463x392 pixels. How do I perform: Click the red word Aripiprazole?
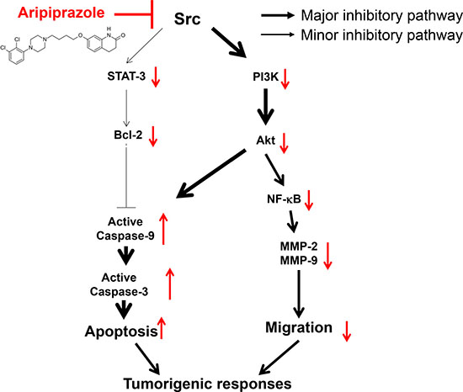coord(61,13)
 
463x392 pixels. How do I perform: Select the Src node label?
coord(187,19)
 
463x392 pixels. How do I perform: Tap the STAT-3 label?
coord(126,77)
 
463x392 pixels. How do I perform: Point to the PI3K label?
coord(265,77)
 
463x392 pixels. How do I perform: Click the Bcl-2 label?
coord(128,135)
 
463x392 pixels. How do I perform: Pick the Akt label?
coord(266,140)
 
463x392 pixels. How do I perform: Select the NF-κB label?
coord(284,199)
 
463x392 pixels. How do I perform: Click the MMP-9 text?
coord(299,261)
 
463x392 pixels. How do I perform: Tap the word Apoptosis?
coord(121,331)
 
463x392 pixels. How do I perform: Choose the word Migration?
coord(299,327)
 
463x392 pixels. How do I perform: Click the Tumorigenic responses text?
coord(208,384)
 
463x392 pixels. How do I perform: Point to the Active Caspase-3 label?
coord(119,284)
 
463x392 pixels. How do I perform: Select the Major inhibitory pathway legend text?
coord(382,15)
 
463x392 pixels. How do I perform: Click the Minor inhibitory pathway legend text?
coord(382,35)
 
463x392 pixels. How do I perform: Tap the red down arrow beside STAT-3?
coord(156,77)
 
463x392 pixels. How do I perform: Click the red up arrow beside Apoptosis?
coord(162,328)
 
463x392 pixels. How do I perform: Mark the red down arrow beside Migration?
coord(347,331)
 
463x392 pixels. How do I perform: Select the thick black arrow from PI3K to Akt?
coord(265,107)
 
